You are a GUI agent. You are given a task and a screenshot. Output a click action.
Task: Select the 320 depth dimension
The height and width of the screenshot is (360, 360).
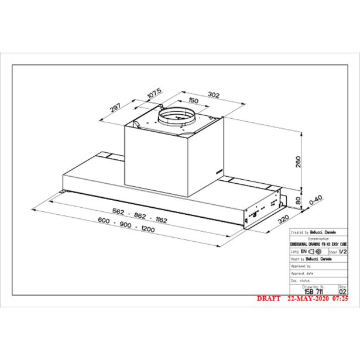(x=284, y=219)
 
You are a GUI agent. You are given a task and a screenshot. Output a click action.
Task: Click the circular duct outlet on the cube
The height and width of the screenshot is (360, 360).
(x=177, y=117)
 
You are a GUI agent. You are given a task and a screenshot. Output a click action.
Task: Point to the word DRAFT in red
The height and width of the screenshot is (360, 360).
(x=270, y=298)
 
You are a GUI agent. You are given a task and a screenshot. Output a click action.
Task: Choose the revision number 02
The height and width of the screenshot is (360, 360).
(x=343, y=290)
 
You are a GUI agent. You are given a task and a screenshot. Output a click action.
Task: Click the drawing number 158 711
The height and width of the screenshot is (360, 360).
(x=316, y=290)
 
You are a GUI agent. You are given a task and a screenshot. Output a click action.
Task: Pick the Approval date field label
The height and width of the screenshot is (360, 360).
(x=303, y=273)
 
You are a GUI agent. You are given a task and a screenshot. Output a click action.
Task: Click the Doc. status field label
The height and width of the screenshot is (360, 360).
(x=301, y=280)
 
